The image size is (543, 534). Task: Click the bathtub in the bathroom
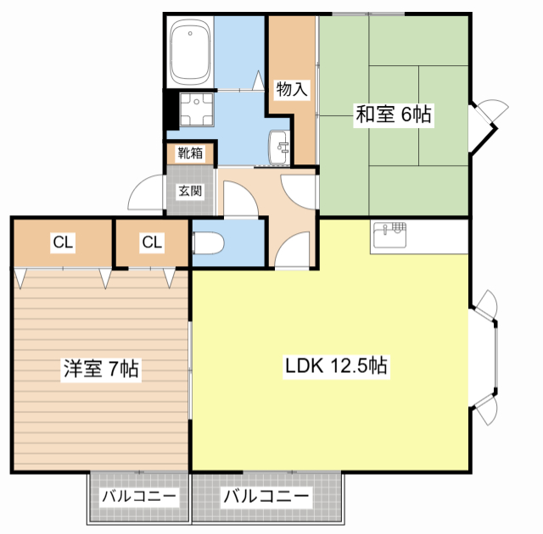pos(190,52)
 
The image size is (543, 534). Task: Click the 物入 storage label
pos(292,87)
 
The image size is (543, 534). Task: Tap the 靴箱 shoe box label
pos(190,153)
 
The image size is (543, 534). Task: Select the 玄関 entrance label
pos(190,190)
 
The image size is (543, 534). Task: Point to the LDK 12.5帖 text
pos(336,367)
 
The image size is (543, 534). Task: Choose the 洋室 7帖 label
pos(101,369)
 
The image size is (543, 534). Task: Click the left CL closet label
pos(62,243)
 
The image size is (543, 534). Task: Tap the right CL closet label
pos(152,243)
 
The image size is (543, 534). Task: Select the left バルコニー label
pos(138,497)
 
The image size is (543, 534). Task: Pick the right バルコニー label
pos(266,497)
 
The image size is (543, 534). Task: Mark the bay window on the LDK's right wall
pos(487,356)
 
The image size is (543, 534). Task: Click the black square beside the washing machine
pos(171,108)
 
